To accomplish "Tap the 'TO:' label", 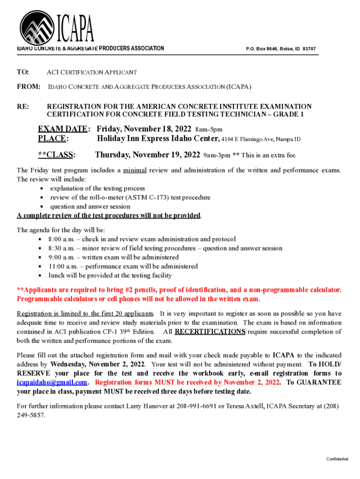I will (23, 72).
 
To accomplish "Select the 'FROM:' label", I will (29, 87).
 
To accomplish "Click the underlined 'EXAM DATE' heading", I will (63, 129).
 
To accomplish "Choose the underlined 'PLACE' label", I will (53, 139).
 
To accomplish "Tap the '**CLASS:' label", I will (57, 155).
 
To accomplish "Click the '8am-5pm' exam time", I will (209, 130).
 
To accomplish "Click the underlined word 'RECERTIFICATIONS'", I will (210, 332).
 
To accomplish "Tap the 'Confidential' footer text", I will (337, 459).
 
